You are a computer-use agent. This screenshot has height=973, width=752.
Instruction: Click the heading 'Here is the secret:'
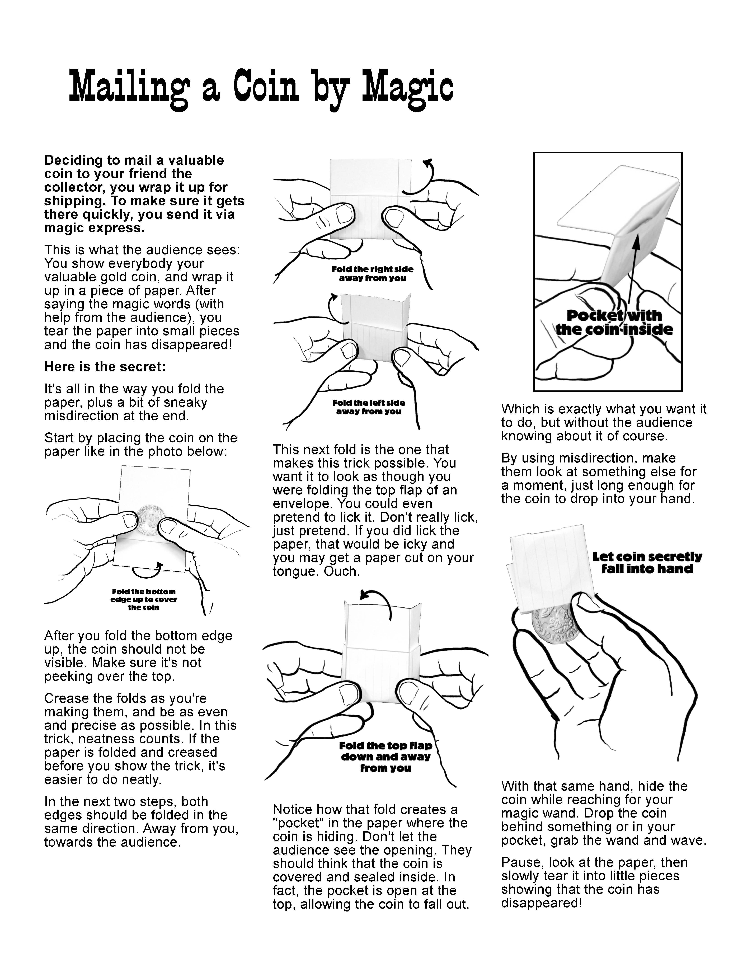[x=105, y=367]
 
